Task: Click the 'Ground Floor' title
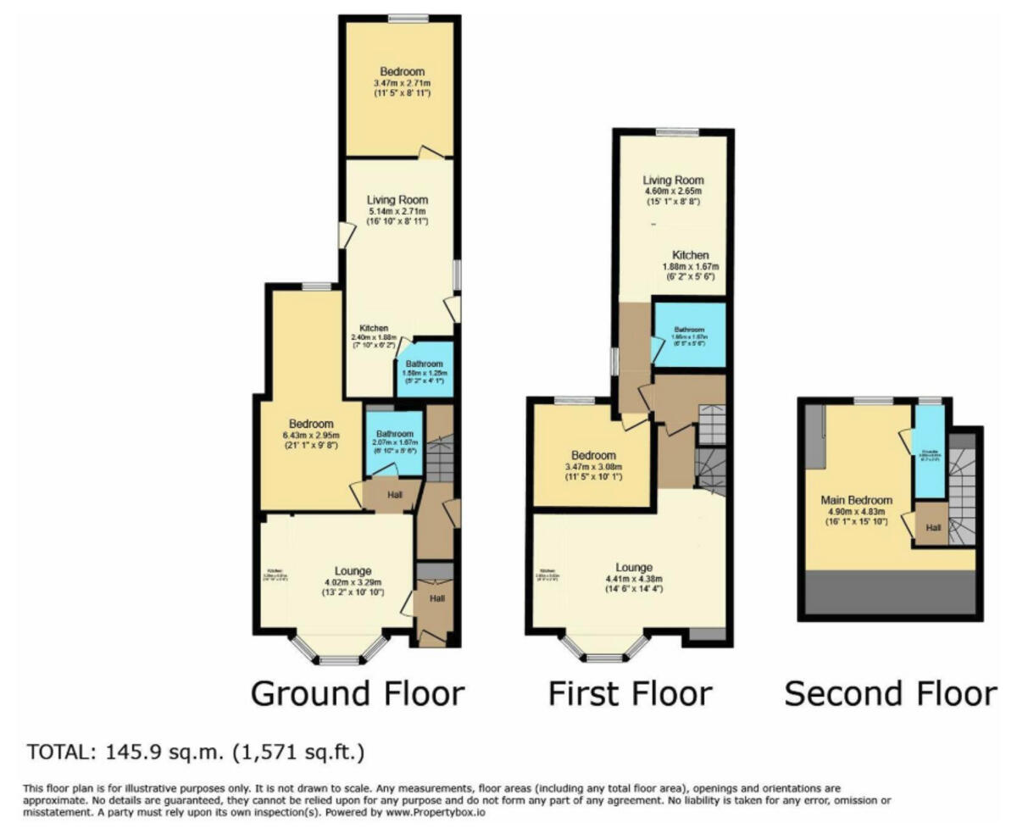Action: click(358, 693)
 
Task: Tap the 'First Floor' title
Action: click(629, 693)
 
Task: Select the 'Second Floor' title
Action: click(890, 693)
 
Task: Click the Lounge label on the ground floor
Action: click(353, 570)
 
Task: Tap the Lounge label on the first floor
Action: click(634, 567)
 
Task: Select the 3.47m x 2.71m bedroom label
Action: click(402, 72)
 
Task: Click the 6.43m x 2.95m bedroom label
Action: click(310, 424)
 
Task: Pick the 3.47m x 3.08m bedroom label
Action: click(593, 455)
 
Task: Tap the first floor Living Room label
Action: click(673, 181)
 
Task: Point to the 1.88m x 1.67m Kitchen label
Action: click(690, 255)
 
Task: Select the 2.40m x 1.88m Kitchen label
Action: click(374, 328)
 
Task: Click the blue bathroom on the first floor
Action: click(689, 333)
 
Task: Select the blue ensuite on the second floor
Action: click(929, 453)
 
